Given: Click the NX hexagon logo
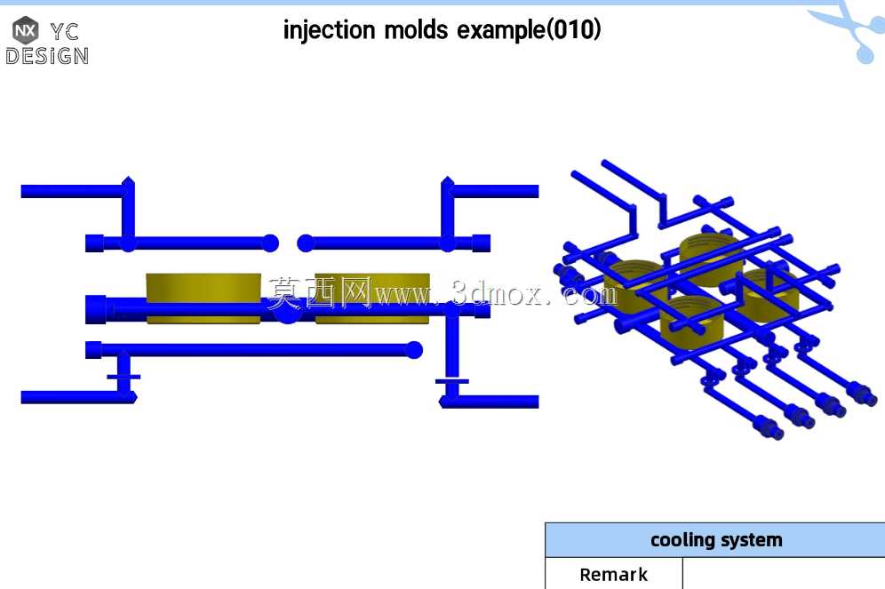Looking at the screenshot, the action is pyautogui.click(x=26, y=30).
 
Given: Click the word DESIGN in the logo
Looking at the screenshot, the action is pyautogui.click(x=47, y=56).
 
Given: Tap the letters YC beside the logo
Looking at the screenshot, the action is pyautogui.click(x=64, y=32).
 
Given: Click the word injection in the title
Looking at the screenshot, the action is pyautogui.click(x=329, y=30).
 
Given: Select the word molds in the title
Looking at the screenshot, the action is pyautogui.click(x=416, y=30).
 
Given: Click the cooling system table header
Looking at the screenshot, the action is pyautogui.click(x=715, y=540).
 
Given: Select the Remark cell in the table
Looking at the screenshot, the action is pyautogui.click(x=613, y=574).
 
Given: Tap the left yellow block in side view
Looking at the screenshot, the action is pyautogui.click(x=203, y=298).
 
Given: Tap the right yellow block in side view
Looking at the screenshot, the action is pyautogui.click(x=372, y=298).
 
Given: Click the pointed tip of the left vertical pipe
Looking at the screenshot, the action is pyautogui.click(x=128, y=179).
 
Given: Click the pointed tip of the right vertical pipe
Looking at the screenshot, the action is pyautogui.click(x=447, y=179).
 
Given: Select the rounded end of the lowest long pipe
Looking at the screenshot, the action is pyautogui.click(x=414, y=350).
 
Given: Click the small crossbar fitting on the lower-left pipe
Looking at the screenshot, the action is pyautogui.click(x=124, y=377).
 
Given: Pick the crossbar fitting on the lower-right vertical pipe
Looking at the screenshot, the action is pyautogui.click(x=451, y=381).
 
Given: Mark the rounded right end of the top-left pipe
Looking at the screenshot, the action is pyautogui.click(x=270, y=243).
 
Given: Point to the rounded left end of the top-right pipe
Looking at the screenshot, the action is pyautogui.click(x=306, y=243).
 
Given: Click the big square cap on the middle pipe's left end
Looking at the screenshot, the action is pyautogui.click(x=95, y=309).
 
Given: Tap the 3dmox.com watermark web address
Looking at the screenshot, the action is pyautogui.click(x=497, y=293).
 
